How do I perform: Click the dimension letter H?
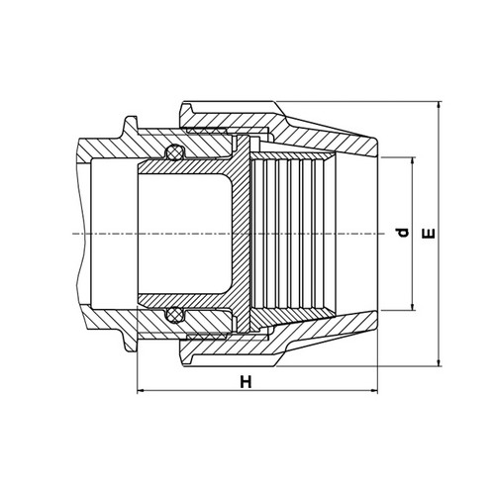(x=246, y=382)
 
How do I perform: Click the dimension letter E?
(x=429, y=234)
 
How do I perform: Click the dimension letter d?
(x=403, y=233)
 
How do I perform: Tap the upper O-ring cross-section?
(x=174, y=152)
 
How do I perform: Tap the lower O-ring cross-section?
(x=174, y=315)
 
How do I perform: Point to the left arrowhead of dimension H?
(x=141, y=391)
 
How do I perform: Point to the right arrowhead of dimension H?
(x=374, y=391)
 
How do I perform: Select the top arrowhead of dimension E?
(x=439, y=106)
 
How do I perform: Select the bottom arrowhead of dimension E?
(x=439, y=362)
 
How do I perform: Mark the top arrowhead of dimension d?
(x=412, y=161)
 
